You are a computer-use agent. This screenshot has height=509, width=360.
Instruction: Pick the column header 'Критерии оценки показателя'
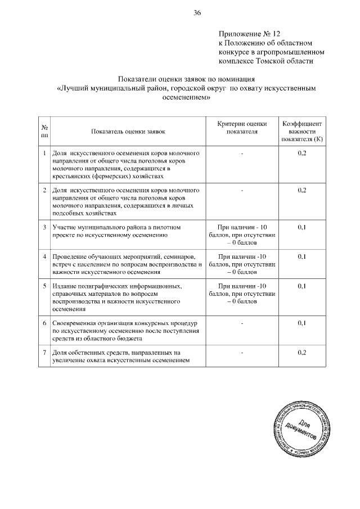(241, 127)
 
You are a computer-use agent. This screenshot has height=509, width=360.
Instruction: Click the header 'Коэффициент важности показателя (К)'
(301, 130)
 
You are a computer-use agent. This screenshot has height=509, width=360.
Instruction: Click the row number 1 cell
(44, 153)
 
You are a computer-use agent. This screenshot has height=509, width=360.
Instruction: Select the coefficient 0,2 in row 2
(301, 190)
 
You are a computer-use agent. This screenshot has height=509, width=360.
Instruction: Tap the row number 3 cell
(44, 227)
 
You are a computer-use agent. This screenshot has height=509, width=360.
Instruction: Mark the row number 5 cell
(44, 286)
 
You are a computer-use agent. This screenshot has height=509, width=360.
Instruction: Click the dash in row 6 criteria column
(241, 323)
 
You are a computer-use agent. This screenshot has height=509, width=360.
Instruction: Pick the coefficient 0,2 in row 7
(301, 353)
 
